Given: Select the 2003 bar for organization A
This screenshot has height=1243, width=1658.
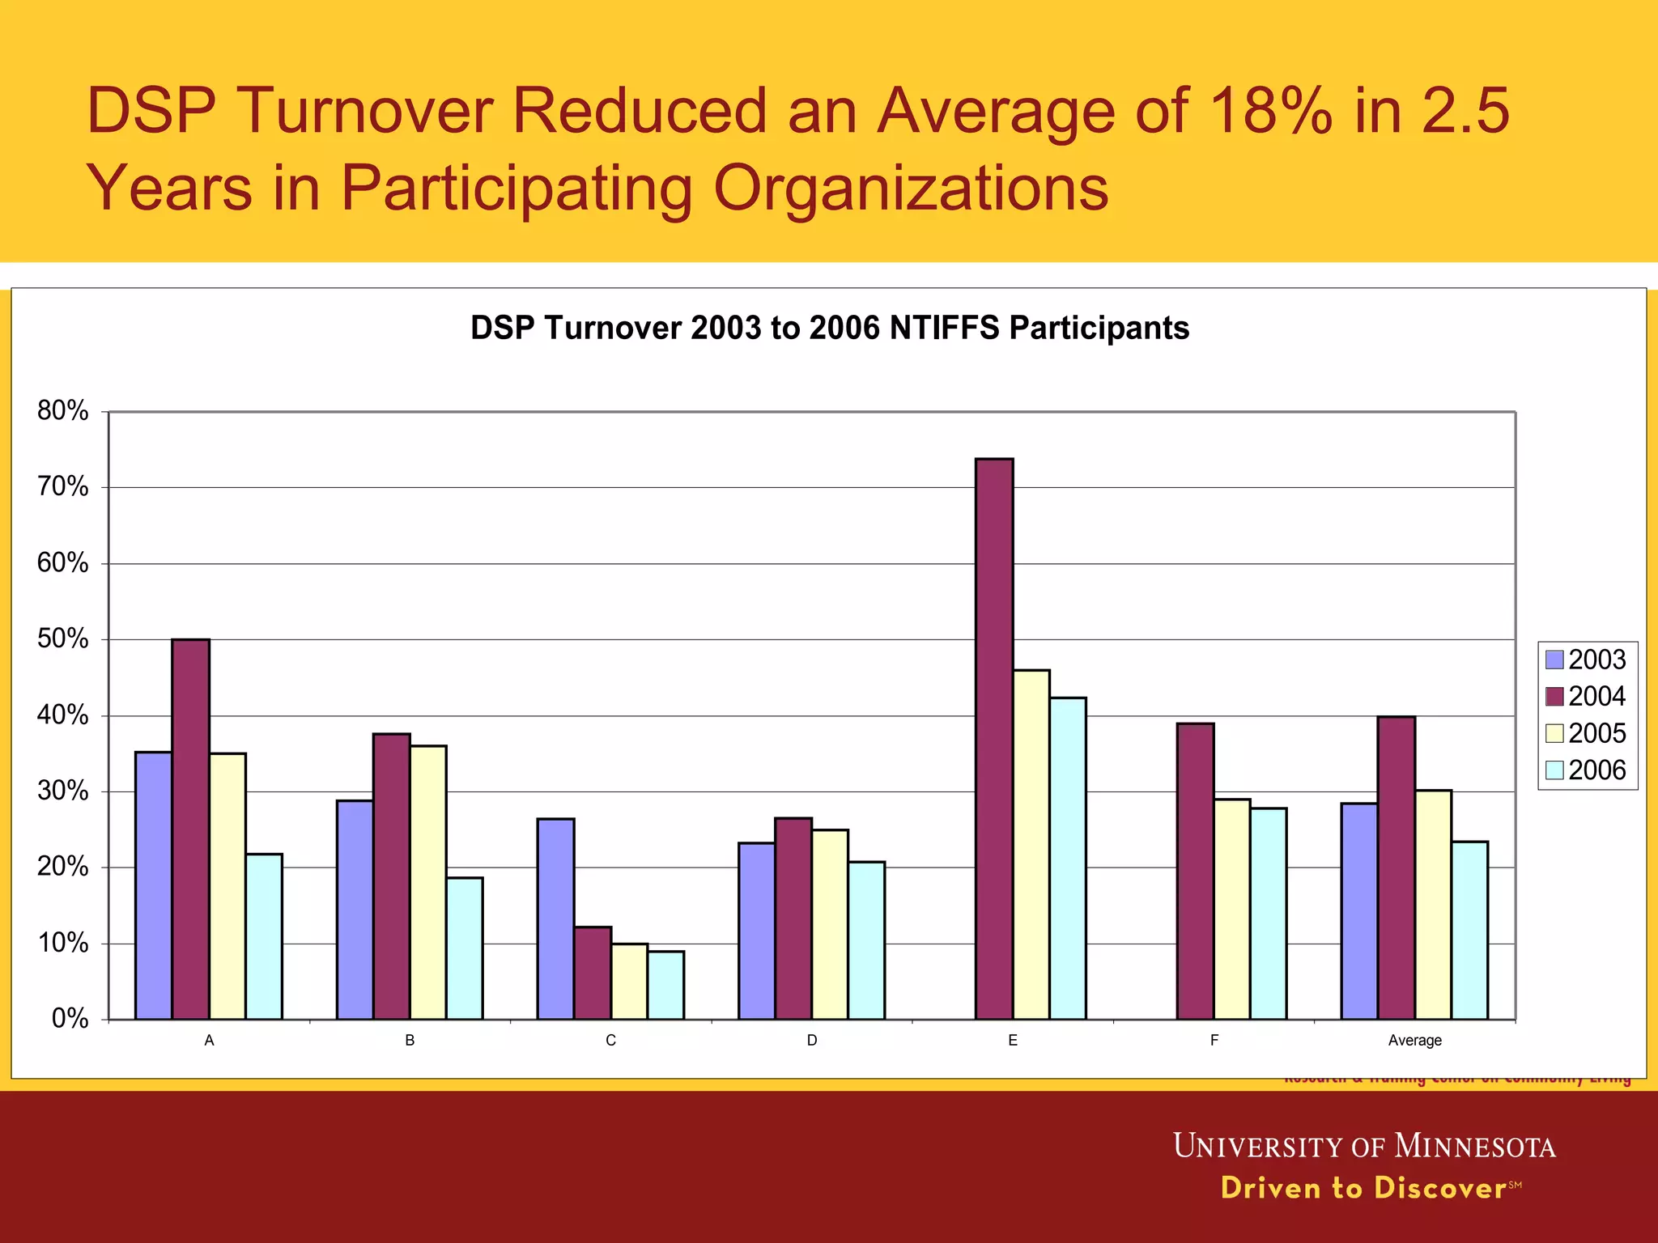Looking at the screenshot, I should pos(153,885).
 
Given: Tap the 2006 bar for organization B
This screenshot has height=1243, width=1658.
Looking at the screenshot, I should pos(465,948).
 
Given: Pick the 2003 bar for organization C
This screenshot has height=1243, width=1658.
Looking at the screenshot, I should pos(555,918).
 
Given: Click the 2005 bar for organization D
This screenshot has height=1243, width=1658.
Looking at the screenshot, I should pos(830,924).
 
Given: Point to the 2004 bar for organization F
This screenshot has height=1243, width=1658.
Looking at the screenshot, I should pos(1195,871).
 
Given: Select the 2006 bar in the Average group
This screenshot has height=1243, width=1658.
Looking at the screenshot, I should pos(1469,930).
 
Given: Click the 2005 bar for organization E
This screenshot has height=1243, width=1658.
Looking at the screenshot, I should pos(1031,844).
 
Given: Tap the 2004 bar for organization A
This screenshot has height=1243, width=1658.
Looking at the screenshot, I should pos(190,829).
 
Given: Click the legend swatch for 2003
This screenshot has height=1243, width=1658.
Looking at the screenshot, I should pos(1554,660).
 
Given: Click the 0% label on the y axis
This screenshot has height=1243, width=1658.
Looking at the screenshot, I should pos(70,1019).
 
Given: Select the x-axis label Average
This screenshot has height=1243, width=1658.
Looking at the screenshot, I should pos(1414,1041).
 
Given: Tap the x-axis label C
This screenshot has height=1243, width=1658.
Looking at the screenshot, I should pos(610,1041).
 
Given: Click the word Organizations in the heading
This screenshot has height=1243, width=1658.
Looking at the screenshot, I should pos(910,188).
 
